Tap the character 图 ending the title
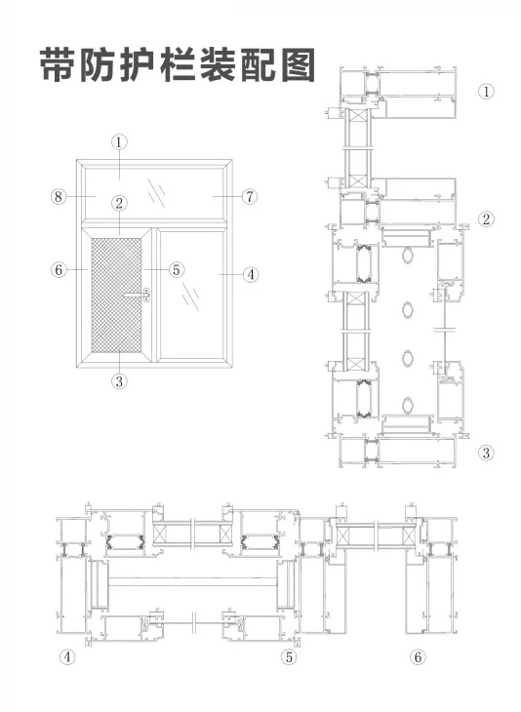coord(299,64)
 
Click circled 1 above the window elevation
coord(119,142)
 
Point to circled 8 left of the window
coord(59,197)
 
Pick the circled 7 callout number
coord(250,197)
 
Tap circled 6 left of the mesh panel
coord(59,270)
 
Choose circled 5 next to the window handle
coord(177,270)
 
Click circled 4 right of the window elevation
coord(251,274)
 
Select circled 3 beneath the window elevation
coord(119,381)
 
